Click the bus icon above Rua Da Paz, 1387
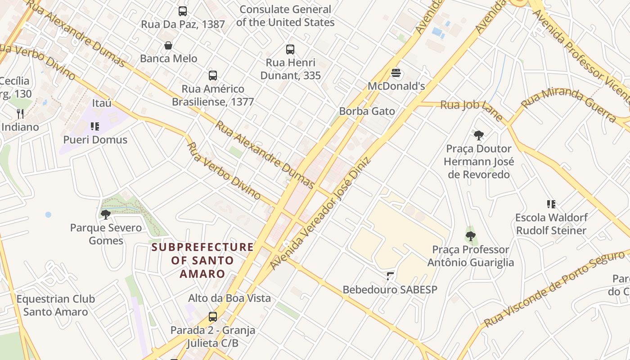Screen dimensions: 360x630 click(182, 11)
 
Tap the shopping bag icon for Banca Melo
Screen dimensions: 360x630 click(168, 45)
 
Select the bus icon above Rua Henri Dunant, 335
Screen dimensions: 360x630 click(290, 49)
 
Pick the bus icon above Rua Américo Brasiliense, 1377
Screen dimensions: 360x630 click(213, 76)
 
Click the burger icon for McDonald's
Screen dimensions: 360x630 click(396, 73)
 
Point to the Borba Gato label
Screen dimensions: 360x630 click(367, 111)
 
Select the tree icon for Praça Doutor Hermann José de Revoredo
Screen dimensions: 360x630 click(479, 135)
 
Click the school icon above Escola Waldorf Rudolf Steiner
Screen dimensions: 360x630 click(551, 204)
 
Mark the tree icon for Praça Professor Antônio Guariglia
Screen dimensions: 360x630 click(471, 236)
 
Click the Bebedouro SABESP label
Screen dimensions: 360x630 click(390, 289)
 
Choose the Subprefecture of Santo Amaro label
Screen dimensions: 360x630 click(202, 260)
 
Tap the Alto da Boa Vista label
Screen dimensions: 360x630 click(229, 298)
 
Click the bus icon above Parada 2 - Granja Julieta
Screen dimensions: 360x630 click(213, 317)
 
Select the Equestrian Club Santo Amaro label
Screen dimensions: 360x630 click(56, 305)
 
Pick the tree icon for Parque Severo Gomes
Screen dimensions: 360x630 click(106, 214)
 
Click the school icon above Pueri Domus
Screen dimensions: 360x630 click(94, 126)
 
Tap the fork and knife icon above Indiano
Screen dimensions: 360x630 click(20, 114)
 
